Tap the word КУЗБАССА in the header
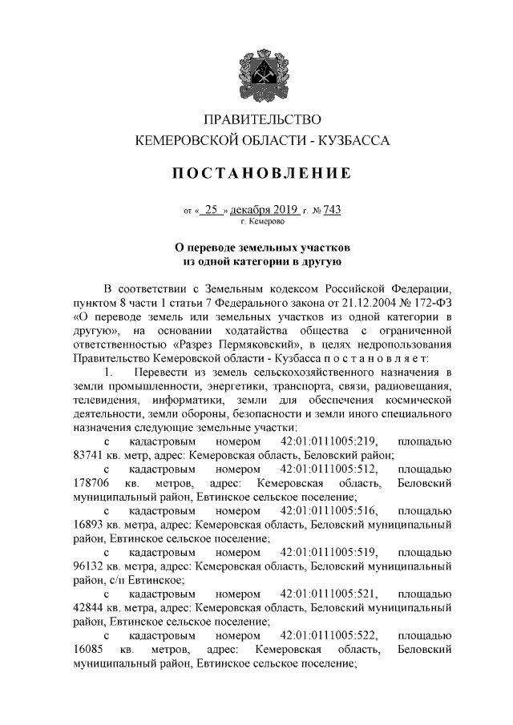pos(354,141)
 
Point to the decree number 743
pos(331,210)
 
